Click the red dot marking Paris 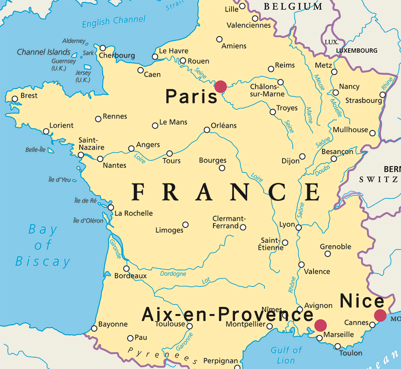pos(221,86)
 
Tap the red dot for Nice pos(380,315)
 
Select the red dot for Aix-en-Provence pos(321,325)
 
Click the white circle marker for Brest pos(15,99)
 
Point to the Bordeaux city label pos(130,276)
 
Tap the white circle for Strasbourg pos(383,95)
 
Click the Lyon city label pos(287,224)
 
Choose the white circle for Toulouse pos(190,326)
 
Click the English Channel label pos(113,21)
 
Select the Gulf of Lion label pos(286,355)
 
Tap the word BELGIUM pos(293,7)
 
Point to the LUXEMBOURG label pos(357,51)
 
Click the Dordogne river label pos(173,274)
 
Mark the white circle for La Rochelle pos(111,207)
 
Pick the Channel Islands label pos(44,52)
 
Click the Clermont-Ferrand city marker pos(243,227)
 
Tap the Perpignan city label pos(221,361)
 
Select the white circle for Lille pos(242,6)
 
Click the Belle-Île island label pos(36,150)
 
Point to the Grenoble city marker pos(328,254)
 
